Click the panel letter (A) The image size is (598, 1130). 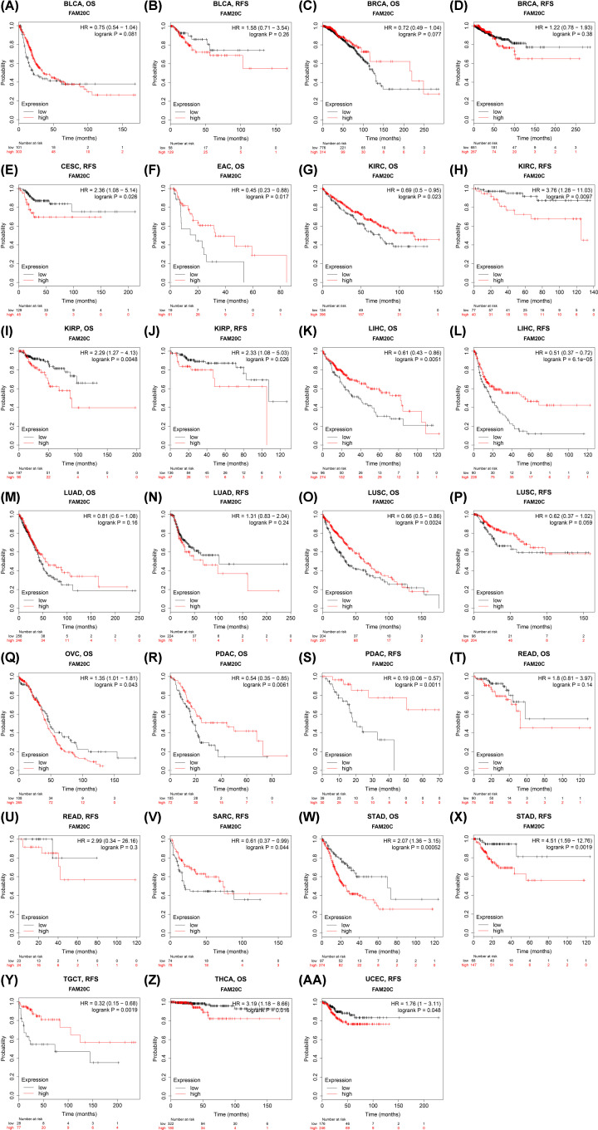tap(11, 6)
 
